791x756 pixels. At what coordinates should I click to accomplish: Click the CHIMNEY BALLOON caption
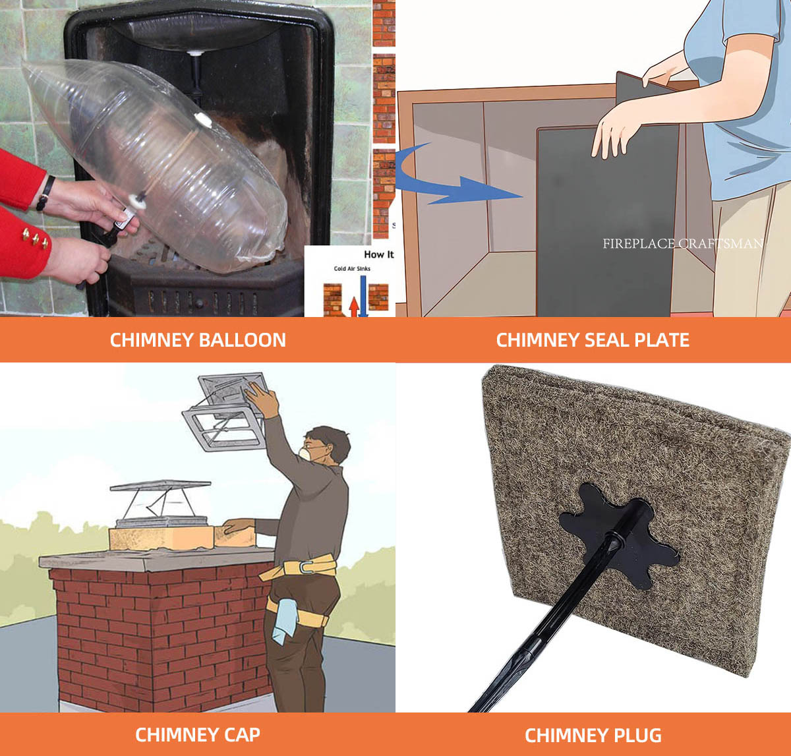[x=198, y=340]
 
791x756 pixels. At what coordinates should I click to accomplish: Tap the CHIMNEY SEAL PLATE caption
[x=593, y=340]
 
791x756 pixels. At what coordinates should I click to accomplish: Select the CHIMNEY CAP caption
[x=198, y=734]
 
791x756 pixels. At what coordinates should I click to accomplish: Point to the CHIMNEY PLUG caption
[x=593, y=735]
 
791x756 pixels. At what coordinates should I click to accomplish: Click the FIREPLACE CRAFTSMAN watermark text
[x=682, y=244]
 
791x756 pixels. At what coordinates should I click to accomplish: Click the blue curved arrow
[x=448, y=181]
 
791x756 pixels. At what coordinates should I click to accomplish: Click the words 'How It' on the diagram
[x=378, y=254]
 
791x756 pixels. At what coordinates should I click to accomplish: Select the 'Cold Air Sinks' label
[x=353, y=269]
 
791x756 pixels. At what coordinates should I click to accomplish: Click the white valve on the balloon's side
[x=202, y=121]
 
